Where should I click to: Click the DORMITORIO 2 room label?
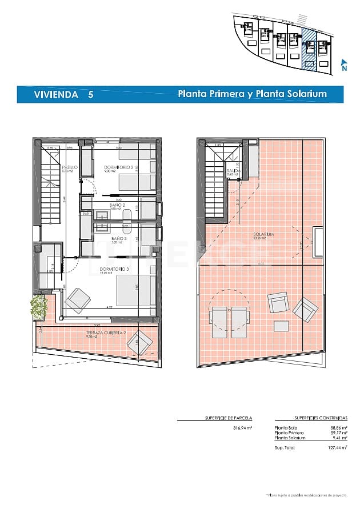tap(118, 167)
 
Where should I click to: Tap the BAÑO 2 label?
tap(117, 205)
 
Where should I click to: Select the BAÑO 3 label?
tap(118, 238)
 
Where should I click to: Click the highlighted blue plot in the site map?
tap(309, 49)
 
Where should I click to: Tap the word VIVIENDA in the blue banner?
tap(55, 95)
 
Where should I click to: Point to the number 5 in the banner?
tap(90, 95)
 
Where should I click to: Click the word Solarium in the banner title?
tap(307, 94)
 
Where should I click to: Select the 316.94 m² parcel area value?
tap(243, 427)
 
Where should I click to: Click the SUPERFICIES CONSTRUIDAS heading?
tap(311, 418)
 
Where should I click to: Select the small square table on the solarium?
tap(281, 325)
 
